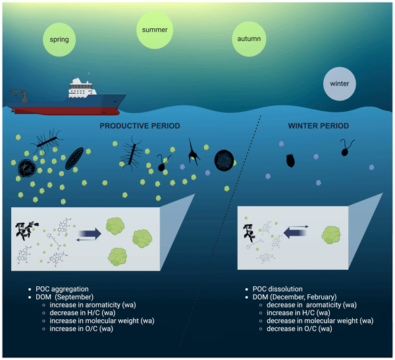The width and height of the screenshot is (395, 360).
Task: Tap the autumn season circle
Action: point(248,39)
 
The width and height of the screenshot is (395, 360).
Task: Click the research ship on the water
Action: point(72,96)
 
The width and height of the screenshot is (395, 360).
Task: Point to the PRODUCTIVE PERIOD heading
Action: point(140,125)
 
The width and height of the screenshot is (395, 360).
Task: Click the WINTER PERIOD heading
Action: point(319,125)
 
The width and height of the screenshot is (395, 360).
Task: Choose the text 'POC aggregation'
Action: point(61,290)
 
